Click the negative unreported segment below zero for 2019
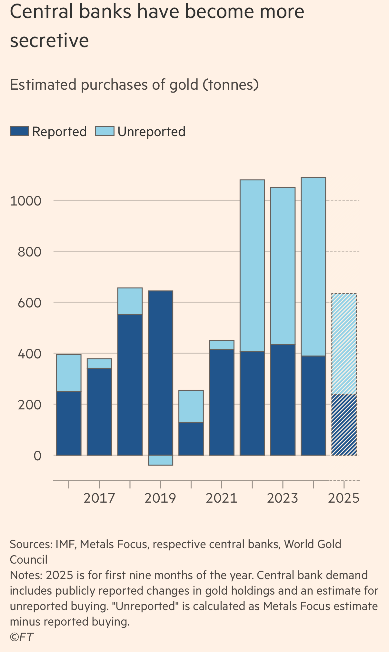(x=160, y=460)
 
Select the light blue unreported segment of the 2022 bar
(x=252, y=266)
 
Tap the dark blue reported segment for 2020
(x=191, y=439)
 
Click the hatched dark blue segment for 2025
(x=344, y=425)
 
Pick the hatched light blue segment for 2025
(x=344, y=344)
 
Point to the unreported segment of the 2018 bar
(x=130, y=301)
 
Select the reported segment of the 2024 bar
(x=313, y=406)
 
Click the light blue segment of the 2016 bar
(x=69, y=373)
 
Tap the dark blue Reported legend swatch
(x=19, y=131)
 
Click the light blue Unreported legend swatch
(x=105, y=131)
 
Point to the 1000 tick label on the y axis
(x=26, y=201)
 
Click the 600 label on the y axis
(x=30, y=303)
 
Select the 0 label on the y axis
(x=38, y=456)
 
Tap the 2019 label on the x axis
(x=160, y=498)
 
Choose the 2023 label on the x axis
(x=283, y=498)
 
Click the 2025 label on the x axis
(x=344, y=498)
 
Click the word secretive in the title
(x=49, y=41)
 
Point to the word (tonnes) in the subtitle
(x=231, y=85)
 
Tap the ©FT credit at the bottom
(x=22, y=637)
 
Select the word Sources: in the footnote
(x=31, y=544)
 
